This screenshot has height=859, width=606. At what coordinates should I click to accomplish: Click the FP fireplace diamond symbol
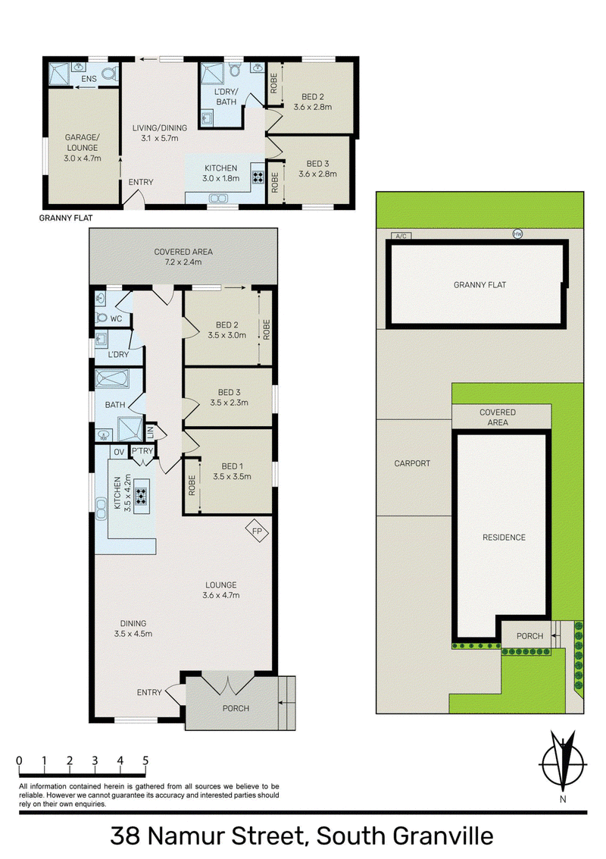[258, 531]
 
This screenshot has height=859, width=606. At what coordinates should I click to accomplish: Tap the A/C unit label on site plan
[401, 236]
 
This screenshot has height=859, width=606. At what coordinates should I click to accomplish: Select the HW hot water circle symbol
[517, 234]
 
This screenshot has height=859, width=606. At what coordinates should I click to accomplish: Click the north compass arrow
[563, 760]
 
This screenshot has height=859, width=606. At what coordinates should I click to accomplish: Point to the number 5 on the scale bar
[145, 760]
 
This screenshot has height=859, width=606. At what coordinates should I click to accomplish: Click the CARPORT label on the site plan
[412, 463]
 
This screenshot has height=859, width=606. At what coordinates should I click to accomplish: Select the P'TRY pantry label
[142, 451]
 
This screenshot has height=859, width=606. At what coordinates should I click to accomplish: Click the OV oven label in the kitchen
[118, 452]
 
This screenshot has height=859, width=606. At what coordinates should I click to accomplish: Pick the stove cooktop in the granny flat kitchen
[258, 177]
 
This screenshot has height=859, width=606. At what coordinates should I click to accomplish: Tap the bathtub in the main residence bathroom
[112, 379]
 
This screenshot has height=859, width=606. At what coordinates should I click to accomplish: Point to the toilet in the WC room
[102, 318]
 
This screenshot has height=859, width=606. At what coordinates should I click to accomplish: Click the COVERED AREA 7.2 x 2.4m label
[183, 257]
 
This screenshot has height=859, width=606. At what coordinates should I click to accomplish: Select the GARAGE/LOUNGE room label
[82, 148]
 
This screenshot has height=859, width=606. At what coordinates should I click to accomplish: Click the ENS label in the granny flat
[89, 79]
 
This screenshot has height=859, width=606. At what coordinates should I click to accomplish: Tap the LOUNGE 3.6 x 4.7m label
[221, 590]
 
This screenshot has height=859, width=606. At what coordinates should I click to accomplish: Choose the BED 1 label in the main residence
[232, 472]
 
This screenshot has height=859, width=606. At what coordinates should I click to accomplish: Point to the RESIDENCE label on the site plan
[504, 538]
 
